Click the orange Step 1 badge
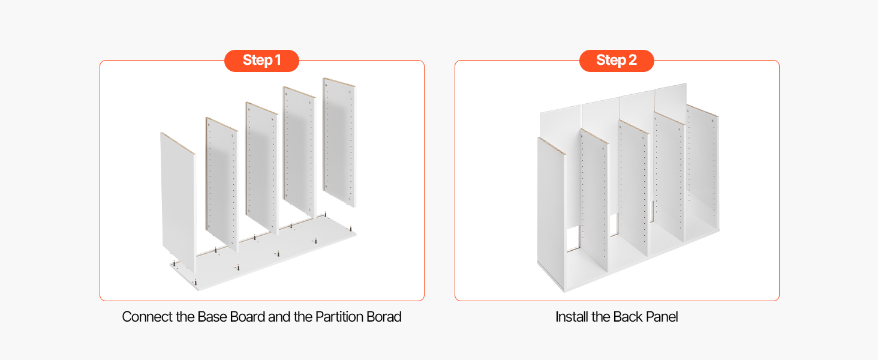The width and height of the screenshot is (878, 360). click(x=261, y=61)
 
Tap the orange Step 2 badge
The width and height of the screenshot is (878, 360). click(x=617, y=61)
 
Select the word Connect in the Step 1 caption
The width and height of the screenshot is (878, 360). click(x=148, y=317)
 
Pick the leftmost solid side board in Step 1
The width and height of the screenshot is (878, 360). click(x=178, y=202)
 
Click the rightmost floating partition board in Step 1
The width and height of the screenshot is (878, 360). click(x=339, y=142)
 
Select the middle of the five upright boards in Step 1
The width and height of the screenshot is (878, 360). click(x=262, y=168)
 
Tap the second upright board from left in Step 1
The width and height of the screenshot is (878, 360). click(x=222, y=184)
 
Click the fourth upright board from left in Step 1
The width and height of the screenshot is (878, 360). click(x=299, y=151)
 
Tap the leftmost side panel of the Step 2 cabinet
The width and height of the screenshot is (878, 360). click(x=551, y=214)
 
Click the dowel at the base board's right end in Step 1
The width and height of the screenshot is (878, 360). click(x=351, y=228)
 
